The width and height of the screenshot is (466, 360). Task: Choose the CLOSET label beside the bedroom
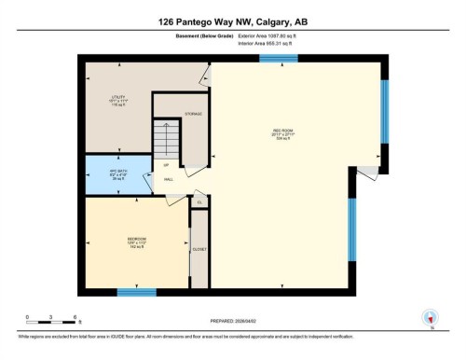[199, 250]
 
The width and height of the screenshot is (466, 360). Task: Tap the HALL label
[169, 179]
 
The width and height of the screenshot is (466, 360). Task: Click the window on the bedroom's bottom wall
[136, 293]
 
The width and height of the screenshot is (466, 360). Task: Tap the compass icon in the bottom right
[430, 317]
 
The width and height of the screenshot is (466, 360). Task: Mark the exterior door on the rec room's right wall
[369, 173]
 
